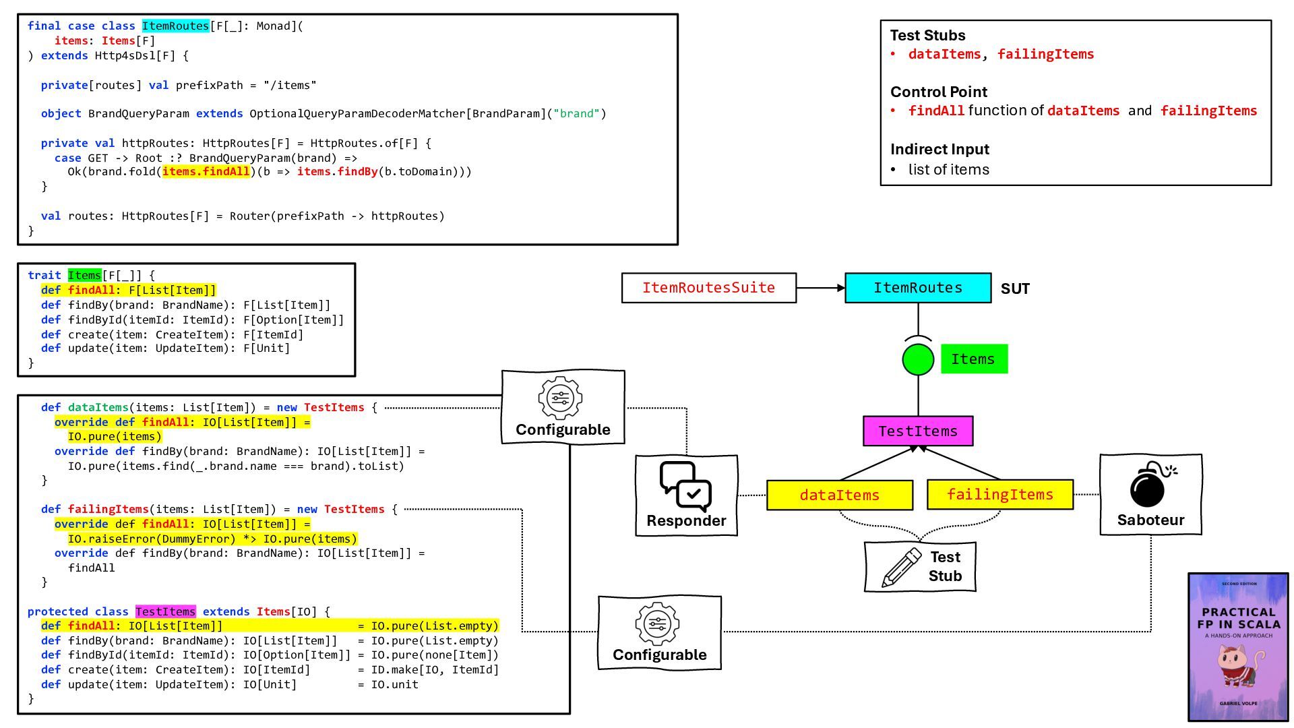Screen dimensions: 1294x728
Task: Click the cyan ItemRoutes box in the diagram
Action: (x=918, y=288)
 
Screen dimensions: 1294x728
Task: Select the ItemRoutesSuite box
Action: (x=708, y=288)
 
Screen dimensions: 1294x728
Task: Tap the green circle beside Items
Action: (x=918, y=359)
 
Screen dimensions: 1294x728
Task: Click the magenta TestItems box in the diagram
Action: (x=918, y=431)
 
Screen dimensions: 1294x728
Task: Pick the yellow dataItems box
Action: (x=840, y=495)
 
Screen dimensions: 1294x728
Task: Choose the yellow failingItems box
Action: (x=1000, y=495)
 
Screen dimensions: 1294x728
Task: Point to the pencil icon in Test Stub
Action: (x=901, y=568)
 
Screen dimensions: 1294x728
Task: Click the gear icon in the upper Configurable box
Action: (x=560, y=398)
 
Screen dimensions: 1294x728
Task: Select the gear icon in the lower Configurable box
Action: (x=657, y=624)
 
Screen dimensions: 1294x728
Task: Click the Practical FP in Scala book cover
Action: (x=1238, y=647)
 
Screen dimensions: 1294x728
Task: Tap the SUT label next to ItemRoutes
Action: (x=1015, y=289)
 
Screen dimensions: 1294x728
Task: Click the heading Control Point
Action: (x=938, y=92)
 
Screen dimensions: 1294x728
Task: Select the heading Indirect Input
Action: (x=939, y=149)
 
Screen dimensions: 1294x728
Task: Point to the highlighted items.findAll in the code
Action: (x=206, y=172)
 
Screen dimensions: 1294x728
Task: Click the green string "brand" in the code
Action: (x=576, y=113)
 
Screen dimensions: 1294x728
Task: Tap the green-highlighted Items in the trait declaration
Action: (x=84, y=275)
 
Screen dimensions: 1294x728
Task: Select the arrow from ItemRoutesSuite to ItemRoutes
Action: (x=821, y=288)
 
